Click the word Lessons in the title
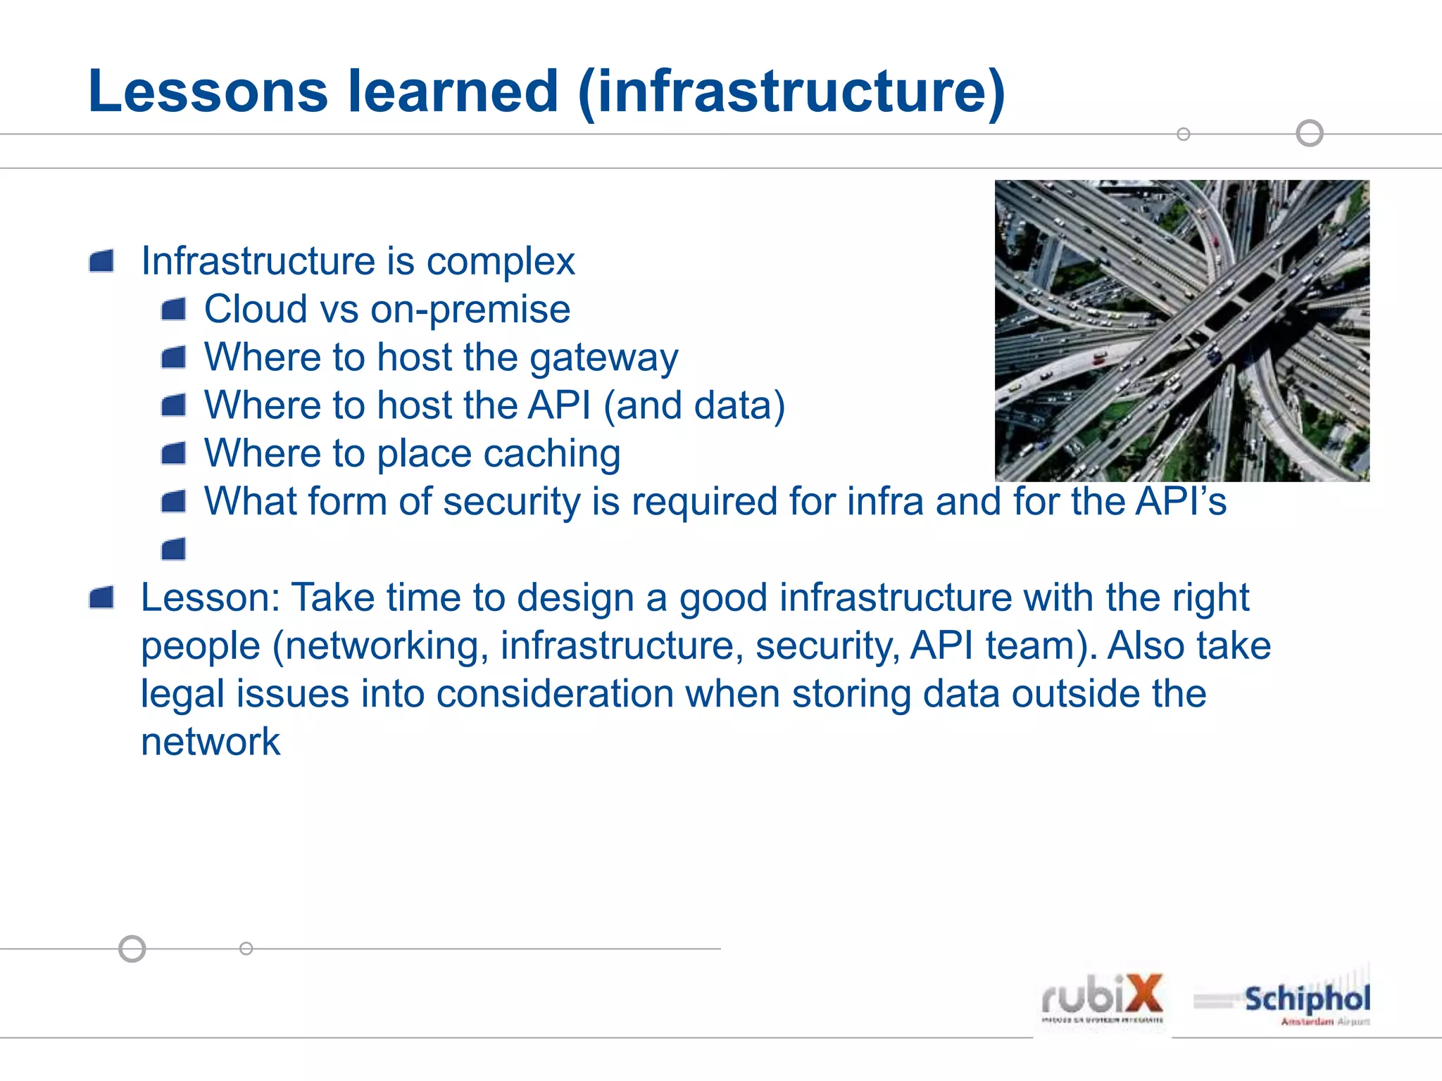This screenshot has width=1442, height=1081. coord(208,91)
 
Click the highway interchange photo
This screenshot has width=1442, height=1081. coord(1181,331)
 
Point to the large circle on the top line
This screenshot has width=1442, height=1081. coord(1310,133)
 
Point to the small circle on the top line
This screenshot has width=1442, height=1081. coord(1184,134)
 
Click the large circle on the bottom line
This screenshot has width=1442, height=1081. coord(132,949)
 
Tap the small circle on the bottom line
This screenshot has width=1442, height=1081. coord(246,949)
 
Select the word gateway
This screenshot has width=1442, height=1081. coord(603,358)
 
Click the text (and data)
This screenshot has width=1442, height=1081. coord(694,406)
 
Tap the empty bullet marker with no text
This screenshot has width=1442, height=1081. coord(174,549)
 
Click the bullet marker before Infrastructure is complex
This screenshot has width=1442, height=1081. coord(102,262)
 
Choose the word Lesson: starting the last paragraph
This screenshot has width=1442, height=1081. coord(211,598)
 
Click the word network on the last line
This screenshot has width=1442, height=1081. coord(211,742)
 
